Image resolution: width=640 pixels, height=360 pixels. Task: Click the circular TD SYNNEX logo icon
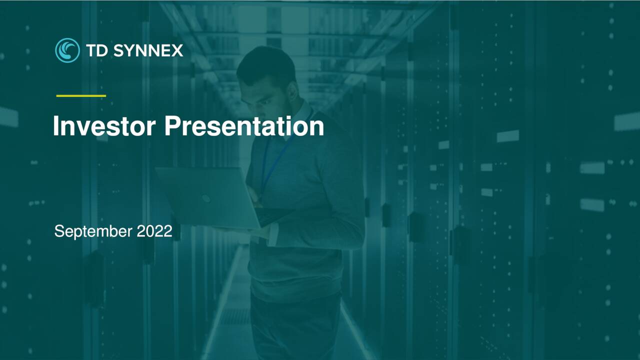(67, 50)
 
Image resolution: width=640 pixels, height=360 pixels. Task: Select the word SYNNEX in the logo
(148, 50)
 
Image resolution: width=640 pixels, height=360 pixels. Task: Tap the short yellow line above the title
(81, 95)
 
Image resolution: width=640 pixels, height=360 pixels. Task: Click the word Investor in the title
(104, 126)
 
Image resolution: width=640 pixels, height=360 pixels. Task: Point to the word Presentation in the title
(244, 126)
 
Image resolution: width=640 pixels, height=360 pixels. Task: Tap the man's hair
(267, 65)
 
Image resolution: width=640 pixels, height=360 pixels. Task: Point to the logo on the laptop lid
(206, 198)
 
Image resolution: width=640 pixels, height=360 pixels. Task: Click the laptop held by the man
(210, 197)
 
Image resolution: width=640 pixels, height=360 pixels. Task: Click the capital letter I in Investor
(56, 126)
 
